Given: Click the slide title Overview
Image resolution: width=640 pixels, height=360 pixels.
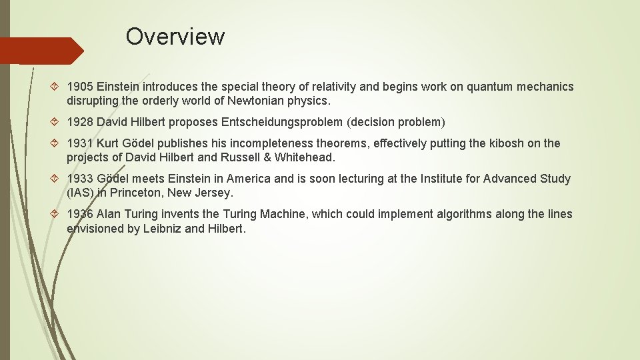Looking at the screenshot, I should (x=175, y=36).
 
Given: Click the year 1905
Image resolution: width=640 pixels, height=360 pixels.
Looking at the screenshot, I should (x=80, y=87).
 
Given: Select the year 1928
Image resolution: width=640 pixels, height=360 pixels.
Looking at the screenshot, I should (x=80, y=122).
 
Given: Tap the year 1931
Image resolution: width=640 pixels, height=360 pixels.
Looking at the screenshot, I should (x=80, y=143).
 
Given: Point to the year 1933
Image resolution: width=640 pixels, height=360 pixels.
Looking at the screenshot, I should (x=80, y=179).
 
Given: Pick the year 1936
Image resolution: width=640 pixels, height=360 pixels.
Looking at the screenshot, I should (x=80, y=214).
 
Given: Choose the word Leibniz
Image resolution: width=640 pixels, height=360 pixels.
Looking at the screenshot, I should (x=162, y=229).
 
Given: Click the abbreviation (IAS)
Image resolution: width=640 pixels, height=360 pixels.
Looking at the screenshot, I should (x=80, y=193).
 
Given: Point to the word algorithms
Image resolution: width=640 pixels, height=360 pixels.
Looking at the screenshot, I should (x=465, y=214).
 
